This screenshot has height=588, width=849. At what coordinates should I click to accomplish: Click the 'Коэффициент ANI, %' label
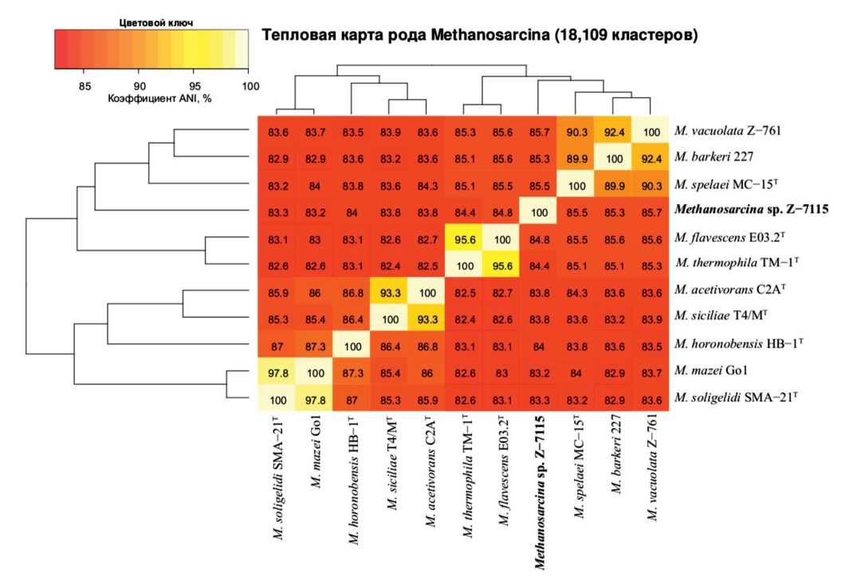click(151, 99)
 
